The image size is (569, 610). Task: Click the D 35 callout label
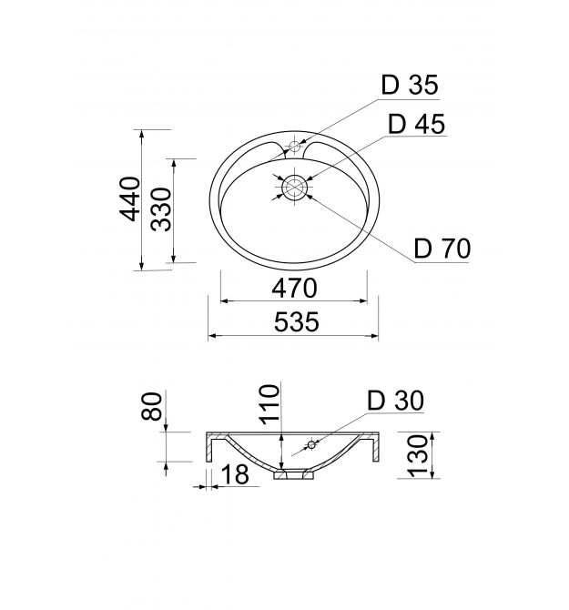click(x=410, y=85)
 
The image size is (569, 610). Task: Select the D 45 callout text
click(x=417, y=124)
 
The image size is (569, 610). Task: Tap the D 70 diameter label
click(x=442, y=249)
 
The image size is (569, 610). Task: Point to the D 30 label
click(x=395, y=401)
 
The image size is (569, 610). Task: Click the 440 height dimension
click(x=129, y=198)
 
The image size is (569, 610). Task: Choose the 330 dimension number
click(x=161, y=209)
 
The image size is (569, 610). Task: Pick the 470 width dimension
click(x=294, y=289)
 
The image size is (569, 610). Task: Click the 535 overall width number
click(x=297, y=322)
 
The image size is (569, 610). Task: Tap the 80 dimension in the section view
click(x=152, y=407)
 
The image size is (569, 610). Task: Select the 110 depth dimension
click(x=269, y=404)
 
